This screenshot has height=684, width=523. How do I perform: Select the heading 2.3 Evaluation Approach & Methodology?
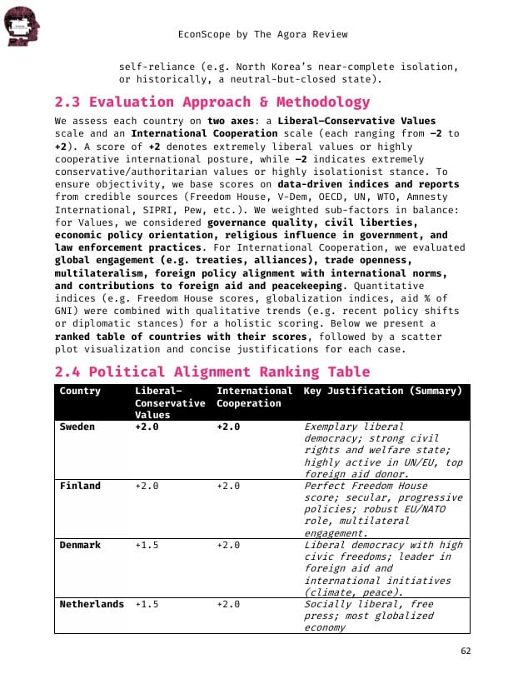[x=212, y=102]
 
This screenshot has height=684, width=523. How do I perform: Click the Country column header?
[x=80, y=391]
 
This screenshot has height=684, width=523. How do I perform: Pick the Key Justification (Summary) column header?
[x=382, y=391]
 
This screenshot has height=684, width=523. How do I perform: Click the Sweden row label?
[x=77, y=427]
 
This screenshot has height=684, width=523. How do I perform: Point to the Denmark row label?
[x=80, y=545]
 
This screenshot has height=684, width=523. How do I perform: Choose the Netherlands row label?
[x=92, y=604]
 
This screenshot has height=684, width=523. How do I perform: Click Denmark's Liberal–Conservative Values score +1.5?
[x=147, y=545]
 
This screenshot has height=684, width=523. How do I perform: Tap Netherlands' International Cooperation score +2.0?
[x=228, y=604]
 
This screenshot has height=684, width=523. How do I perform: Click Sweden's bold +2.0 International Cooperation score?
[x=228, y=427]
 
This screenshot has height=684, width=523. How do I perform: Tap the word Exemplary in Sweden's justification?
[x=333, y=427]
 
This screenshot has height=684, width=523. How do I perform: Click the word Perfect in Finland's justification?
[x=325, y=486]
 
